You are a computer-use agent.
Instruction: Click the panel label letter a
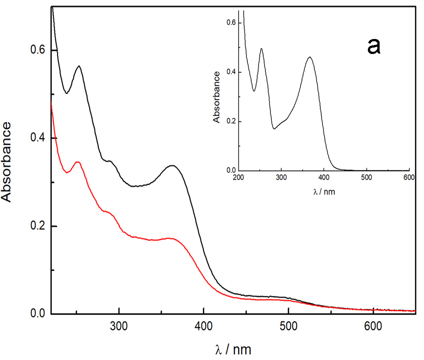373,46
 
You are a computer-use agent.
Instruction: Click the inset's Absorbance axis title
217,97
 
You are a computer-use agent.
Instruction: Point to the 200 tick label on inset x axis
239,178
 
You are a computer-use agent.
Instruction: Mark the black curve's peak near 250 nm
79,66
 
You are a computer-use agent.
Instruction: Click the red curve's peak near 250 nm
77,162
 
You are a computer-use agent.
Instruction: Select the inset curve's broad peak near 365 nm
310,57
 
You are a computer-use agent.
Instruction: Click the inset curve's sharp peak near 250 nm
261,49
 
